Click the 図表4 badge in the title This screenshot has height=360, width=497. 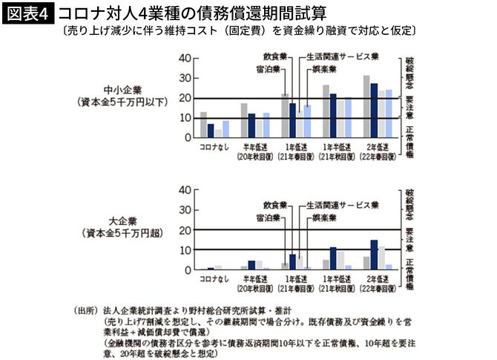pyautogui.click(x=29, y=14)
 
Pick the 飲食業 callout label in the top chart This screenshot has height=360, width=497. pyautogui.click(x=275, y=56)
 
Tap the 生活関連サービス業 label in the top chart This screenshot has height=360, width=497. pyautogui.click(x=343, y=56)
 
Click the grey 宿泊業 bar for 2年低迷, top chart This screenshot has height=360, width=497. pyautogui.click(x=366, y=106)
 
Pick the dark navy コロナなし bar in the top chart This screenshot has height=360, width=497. pyautogui.click(x=211, y=131)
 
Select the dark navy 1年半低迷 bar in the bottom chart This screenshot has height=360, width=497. pyautogui.click(x=333, y=258)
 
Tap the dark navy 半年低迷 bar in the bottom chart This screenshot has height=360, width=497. pyautogui.click(x=251, y=264)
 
